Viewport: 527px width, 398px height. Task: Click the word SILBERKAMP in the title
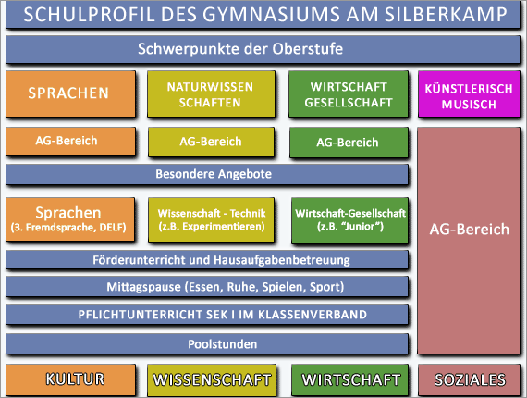click(x=446, y=15)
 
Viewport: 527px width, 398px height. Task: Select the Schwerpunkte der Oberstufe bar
click(x=263, y=49)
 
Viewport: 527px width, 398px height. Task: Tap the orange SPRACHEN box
click(x=70, y=93)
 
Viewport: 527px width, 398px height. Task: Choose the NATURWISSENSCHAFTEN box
click(x=211, y=93)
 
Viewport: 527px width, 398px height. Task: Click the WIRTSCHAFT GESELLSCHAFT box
click(x=349, y=93)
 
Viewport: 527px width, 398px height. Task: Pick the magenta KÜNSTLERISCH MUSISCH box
click(x=469, y=93)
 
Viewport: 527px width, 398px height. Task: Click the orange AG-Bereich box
click(x=70, y=142)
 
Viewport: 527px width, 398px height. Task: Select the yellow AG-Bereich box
click(x=211, y=142)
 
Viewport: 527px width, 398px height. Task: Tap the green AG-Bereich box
click(x=349, y=143)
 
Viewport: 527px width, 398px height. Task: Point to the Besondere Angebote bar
click(x=207, y=174)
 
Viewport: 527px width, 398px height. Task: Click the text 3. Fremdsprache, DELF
click(x=68, y=228)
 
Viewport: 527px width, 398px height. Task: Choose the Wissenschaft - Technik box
click(x=211, y=219)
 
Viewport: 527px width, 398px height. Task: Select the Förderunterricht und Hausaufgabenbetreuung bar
click(x=207, y=260)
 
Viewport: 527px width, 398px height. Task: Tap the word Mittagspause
click(x=145, y=287)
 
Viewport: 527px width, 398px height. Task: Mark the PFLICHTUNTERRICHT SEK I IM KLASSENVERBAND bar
click(x=207, y=315)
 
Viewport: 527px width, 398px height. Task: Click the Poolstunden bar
click(x=207, y=343)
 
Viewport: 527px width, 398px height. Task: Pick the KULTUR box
click(x=70, y=379)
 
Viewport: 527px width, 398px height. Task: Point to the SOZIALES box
click(x=469, y=379)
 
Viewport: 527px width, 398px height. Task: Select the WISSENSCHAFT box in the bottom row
click(x=212, y=379)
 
